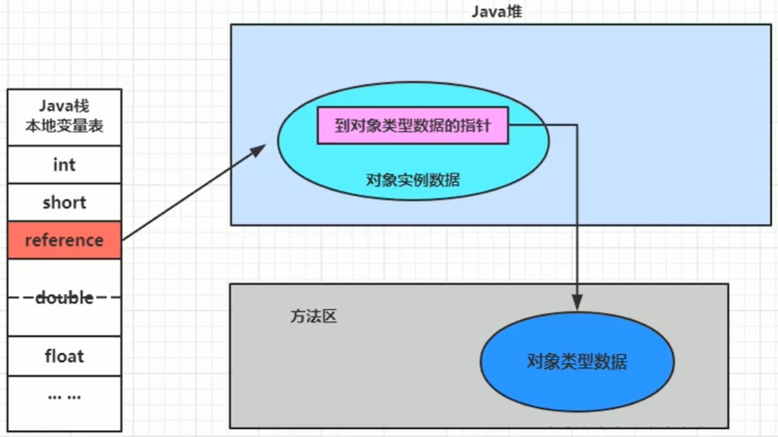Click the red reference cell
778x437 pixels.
tap(64, 240)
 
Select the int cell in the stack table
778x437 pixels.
tap(64, 164)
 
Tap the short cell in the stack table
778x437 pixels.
tap(64, 203)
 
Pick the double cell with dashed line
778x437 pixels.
tap(64, 298)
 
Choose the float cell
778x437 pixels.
tap(64, 355)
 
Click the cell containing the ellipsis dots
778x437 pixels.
tap(64, 397)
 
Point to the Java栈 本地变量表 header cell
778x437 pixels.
tap(64, 118)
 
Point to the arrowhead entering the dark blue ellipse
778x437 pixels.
tap(577, 304)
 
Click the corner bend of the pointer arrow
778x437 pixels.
tap(577, 125)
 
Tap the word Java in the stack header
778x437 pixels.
tap(51, 106)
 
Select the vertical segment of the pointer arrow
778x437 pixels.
tap(577, 214)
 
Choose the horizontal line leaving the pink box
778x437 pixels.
tap(543, 125)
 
